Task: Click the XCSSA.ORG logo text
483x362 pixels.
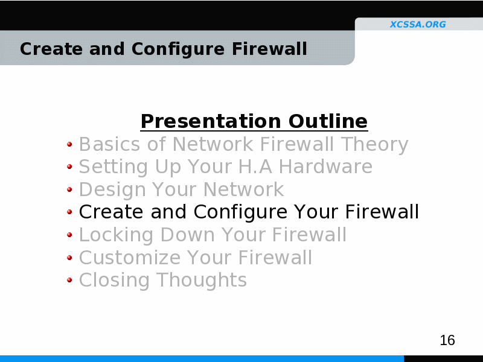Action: click(x=418, y=24)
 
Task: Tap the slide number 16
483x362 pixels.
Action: click(x=447, y=340)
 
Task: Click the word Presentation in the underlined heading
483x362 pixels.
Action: click(x=211, y=121)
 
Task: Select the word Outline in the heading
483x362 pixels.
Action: click(x=328, y=121)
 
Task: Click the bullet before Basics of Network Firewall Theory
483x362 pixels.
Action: click(x=69, y=144)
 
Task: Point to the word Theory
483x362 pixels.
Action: click(x=374, y=144)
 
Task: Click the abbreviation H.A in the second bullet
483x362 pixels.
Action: click(x=255, y=167)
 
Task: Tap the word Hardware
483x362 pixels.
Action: click(x=325, y=167)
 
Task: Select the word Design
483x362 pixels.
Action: click(x=112, y=190)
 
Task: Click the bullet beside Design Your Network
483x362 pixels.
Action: click(x=69, y=189)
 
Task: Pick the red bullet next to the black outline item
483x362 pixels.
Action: click(x=69, y=212)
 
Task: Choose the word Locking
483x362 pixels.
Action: click(x=116, y=235)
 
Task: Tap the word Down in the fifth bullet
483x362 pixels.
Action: click(x=188, y=235)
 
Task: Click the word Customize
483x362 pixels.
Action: click(x=130, y=258)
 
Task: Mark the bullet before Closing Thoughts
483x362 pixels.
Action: click(x=69, y=280)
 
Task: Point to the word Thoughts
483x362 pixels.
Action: click(x=202, y=281)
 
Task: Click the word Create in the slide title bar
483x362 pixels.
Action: click(x=51, y=49)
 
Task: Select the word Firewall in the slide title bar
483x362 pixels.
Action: click(x=269, y=49)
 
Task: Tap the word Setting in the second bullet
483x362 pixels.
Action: click(x=114, y=168)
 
